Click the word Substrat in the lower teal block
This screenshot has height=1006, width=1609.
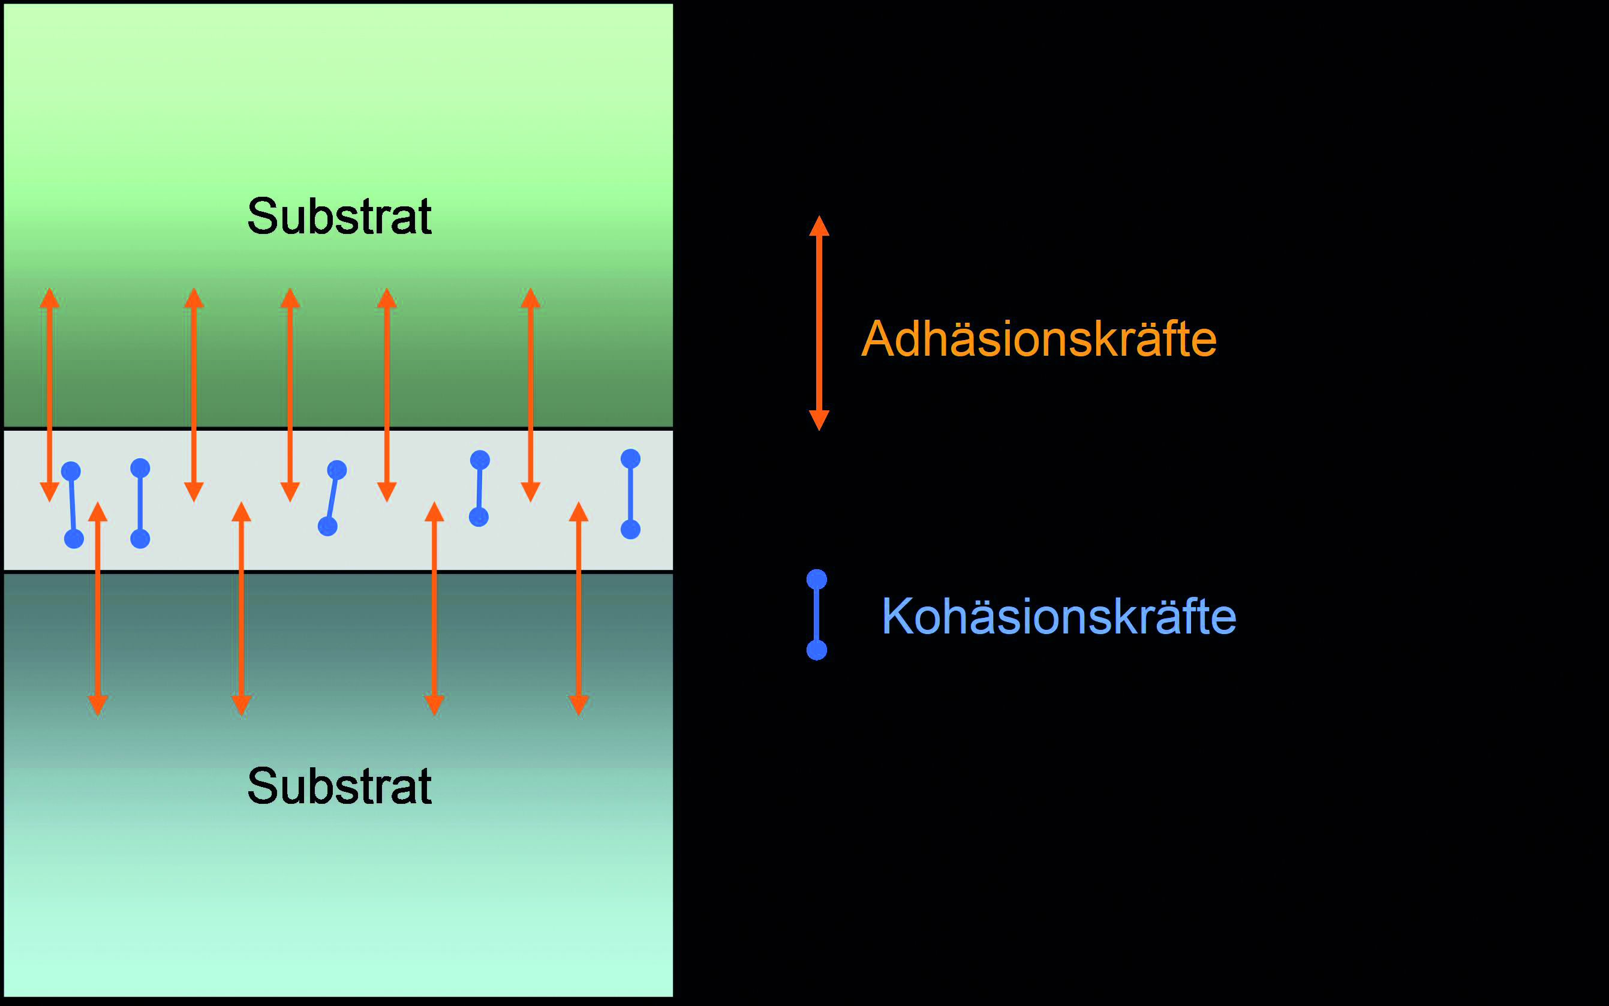(x=339, y=786)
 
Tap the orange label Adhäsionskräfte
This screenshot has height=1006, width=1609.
(x=1038, y=339)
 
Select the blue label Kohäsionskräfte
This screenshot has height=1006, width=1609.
(x=1058, y=616)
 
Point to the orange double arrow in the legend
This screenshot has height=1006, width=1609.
(x=819, y=323)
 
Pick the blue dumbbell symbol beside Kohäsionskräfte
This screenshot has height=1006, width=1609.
(x=816, y=615)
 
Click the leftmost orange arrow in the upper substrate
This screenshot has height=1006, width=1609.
(x=49, y=395)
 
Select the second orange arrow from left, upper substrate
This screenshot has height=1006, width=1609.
(x=194, y=395)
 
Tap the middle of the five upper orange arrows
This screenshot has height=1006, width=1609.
(x=290, y=395)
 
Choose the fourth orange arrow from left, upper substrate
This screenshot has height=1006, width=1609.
(x=386, y=395)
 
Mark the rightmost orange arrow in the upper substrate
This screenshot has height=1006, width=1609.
(x=530, y=395)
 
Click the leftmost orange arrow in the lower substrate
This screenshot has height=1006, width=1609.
(x=98, y=609)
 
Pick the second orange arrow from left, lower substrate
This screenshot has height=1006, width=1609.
(x=241, y=609)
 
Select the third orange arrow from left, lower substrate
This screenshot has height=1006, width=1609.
(x=434, y=609)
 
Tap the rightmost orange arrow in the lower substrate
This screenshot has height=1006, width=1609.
(x=578, y=609)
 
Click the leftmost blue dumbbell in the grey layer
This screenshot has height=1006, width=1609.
(x=73, y=505)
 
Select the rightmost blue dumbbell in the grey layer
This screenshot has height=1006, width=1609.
(x=630, y=494)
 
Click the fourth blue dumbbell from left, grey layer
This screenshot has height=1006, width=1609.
(x=479, y=488)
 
